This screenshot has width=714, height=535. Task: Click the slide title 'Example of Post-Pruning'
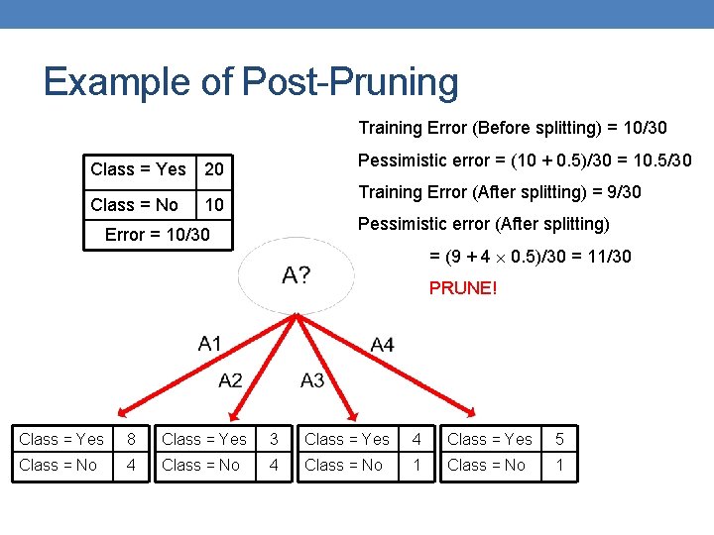(x=251, y=82)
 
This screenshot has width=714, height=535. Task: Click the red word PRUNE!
(x=463, y=288)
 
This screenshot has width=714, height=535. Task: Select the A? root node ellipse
(x=296, y=275)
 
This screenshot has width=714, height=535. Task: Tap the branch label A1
(x=210, y=344)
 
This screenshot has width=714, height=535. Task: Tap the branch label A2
(x=231, y=379)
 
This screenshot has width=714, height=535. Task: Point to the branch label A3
(x=312, y=379)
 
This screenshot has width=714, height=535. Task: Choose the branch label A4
(x=382, y=345)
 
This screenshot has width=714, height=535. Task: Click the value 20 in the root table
(x=214, y=170)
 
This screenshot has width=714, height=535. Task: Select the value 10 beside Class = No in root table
(x=214, y=205)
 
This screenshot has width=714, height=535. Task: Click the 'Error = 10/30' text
(x=158, y=235)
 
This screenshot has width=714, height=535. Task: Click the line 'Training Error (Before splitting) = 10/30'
(x=513, y=128)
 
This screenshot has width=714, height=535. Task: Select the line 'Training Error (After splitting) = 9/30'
(x=500, y=192)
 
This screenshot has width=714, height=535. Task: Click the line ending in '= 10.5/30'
(x=525, y=160)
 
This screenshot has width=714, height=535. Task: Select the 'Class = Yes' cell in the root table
(x=138, y=169)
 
